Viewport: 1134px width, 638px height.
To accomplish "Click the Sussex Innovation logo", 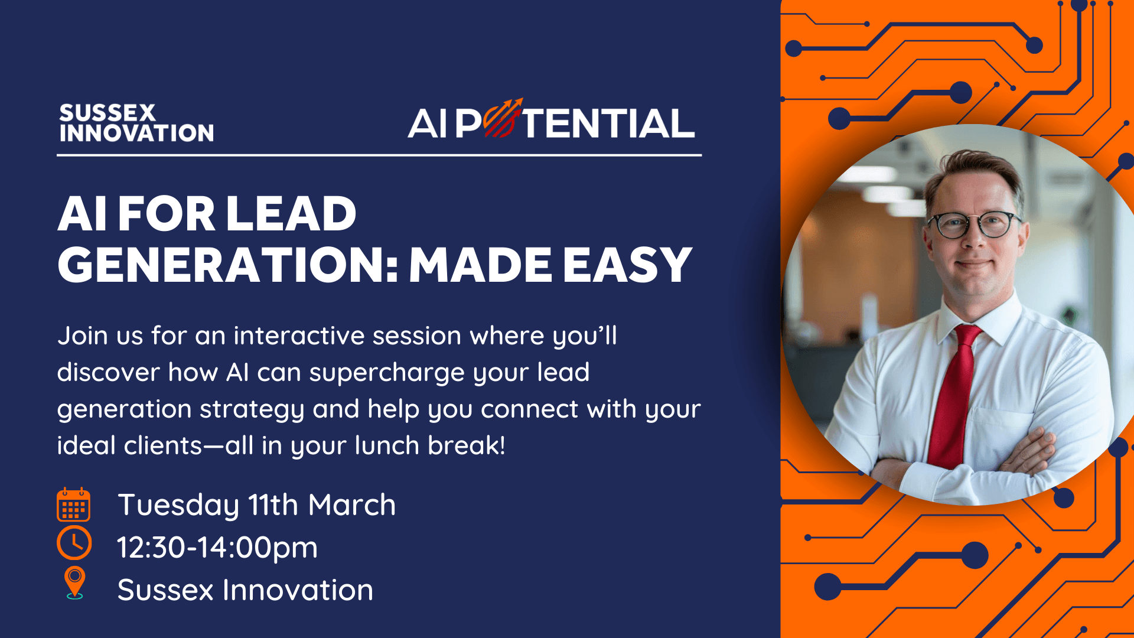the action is tap(136, 123).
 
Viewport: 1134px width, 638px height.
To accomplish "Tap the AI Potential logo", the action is tap(551, 120).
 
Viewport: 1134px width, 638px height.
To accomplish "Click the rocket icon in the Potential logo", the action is tap(503, 118).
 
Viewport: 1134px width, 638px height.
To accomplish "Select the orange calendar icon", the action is tap(73, 505).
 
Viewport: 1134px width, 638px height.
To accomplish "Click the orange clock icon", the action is tap(74, 543).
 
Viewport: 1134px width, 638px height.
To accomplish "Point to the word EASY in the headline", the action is tap(627, 265).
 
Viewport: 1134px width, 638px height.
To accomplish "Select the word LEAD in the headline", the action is tap(291, 213).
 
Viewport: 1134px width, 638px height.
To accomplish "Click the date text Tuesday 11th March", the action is tap(257, 505).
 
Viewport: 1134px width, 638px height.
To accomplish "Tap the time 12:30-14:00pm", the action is tap(217, 548).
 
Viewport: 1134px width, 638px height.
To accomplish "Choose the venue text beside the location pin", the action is tap(245, 590).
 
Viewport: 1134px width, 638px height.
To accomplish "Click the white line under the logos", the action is tap(379, 155).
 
